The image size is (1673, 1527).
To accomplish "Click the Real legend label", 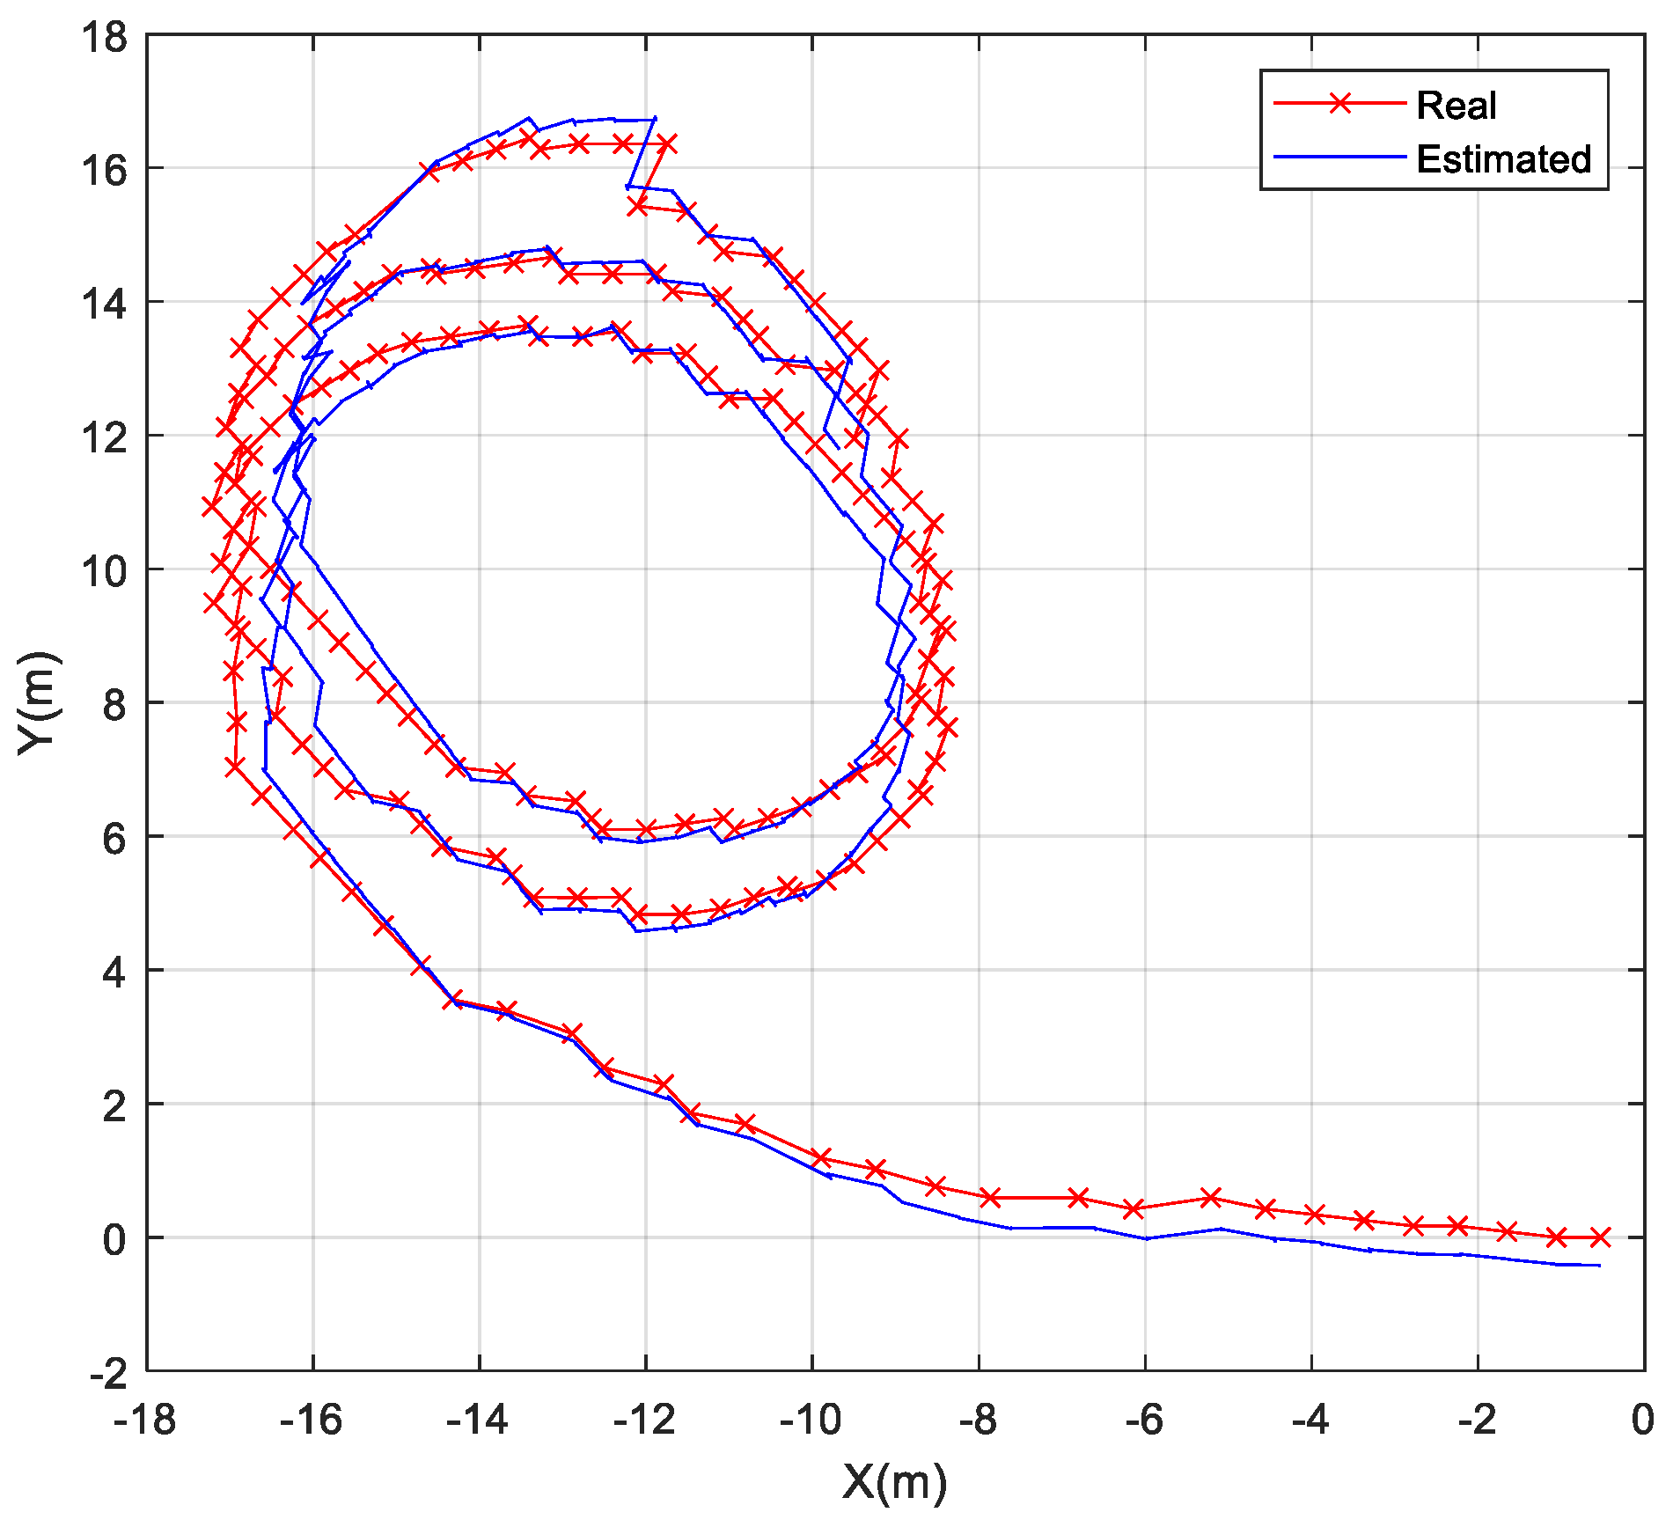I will [1456, 106].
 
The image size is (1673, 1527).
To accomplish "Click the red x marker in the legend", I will [1339, 103].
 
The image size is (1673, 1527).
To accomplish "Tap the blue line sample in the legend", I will [1339, 158].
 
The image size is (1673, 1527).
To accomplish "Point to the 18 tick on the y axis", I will [104, 37].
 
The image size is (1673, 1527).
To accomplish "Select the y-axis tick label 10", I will [104, 570].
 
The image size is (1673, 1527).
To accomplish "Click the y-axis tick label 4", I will [114, 972].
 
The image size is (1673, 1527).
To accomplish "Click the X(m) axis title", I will [894, 1482].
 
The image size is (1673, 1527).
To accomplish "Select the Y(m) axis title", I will [37, 702].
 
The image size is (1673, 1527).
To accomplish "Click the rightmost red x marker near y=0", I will [1600, 1237].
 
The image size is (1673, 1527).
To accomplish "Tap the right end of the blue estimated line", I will [1599, 1266].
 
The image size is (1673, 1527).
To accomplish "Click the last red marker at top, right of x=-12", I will [667, 143].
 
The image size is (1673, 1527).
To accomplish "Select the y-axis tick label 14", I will [104, 303].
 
